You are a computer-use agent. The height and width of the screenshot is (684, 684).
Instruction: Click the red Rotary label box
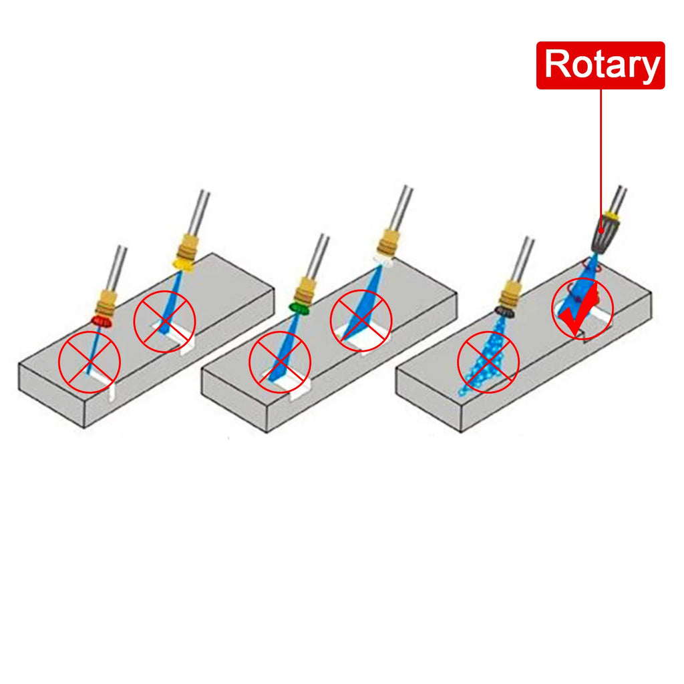coord(601,65)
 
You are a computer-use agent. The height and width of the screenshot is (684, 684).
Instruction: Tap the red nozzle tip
coord(102,322)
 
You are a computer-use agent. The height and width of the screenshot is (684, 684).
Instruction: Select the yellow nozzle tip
coord(184,264)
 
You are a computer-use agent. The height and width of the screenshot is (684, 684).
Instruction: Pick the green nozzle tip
coord(299,308)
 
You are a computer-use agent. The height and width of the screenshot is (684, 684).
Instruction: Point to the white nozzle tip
coord(383,260)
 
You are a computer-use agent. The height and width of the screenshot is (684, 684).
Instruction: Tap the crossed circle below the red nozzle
coord(90,362)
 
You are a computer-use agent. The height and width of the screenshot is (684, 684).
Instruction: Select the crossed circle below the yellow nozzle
coord(164,321)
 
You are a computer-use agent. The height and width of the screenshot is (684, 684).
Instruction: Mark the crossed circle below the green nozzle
coord(280,362)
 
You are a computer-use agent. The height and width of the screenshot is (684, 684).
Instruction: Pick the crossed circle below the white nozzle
coord(361,320)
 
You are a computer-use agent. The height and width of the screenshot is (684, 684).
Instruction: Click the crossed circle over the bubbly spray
coord(488,362)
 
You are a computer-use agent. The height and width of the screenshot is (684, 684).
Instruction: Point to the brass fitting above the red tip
coord(107,302)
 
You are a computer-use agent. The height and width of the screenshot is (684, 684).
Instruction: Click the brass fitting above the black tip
coord(510,294)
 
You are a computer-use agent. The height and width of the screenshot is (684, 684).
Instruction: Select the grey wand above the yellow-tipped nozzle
coord(200,212)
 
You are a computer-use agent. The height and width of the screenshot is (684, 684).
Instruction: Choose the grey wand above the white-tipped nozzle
coord(401,208)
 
